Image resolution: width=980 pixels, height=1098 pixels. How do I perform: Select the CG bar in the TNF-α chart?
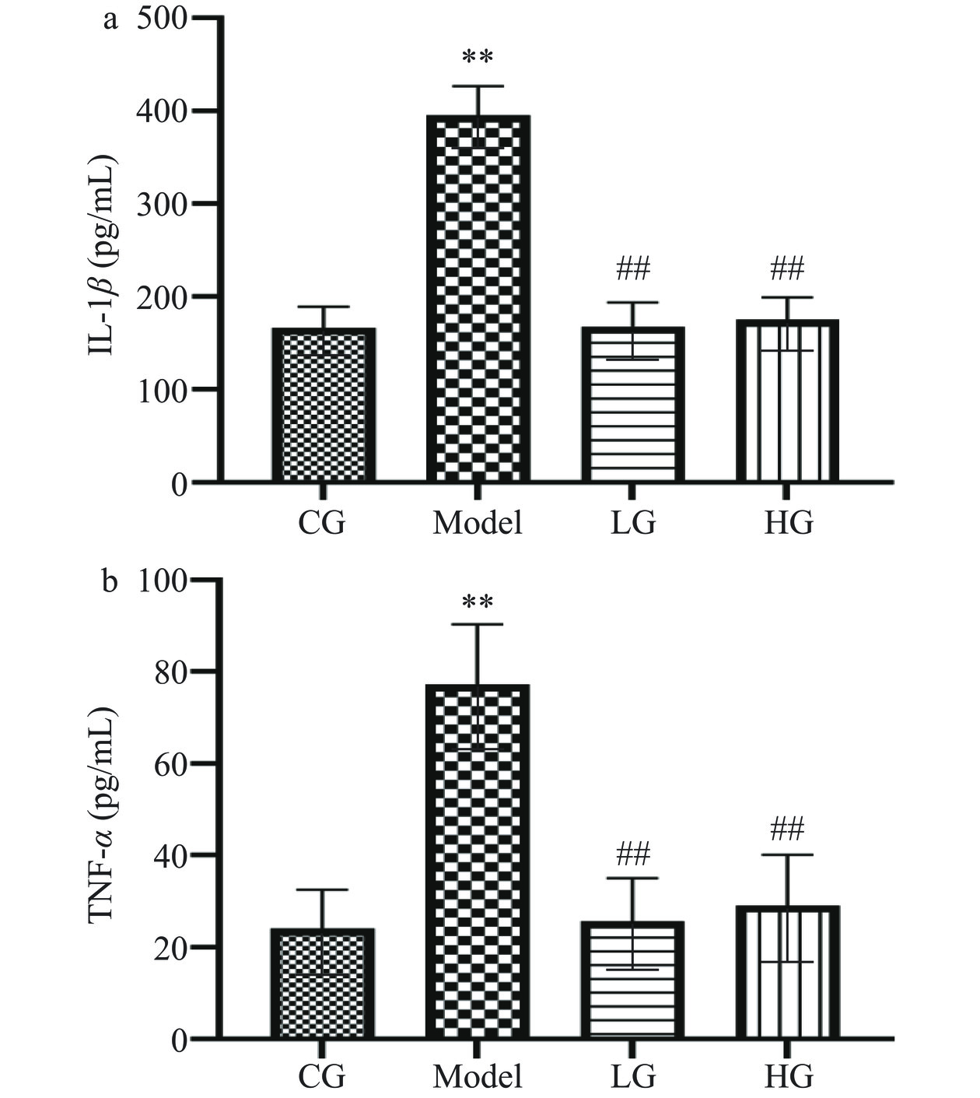coord(323,984)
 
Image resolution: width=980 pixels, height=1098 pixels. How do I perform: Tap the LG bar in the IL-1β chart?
coord(632,404)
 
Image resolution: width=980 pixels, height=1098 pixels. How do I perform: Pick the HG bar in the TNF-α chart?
coord(787,972)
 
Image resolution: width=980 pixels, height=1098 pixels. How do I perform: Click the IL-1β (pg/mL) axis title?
coord(102,257)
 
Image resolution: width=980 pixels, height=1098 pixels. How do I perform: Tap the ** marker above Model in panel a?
coord(478,58)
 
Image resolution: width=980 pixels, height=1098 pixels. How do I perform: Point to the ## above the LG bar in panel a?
coord(632,269)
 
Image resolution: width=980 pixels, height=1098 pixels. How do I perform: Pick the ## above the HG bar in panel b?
coord(787,830)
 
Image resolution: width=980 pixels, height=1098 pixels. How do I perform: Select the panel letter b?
coord(110,581)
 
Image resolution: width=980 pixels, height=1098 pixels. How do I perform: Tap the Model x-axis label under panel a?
coord(478,522)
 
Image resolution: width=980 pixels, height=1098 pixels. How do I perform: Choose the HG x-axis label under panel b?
coord(789,1077)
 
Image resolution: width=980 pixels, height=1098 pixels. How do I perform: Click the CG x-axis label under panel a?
coord(322,522)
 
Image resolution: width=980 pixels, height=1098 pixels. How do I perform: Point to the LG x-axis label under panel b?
coord(633,1077)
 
